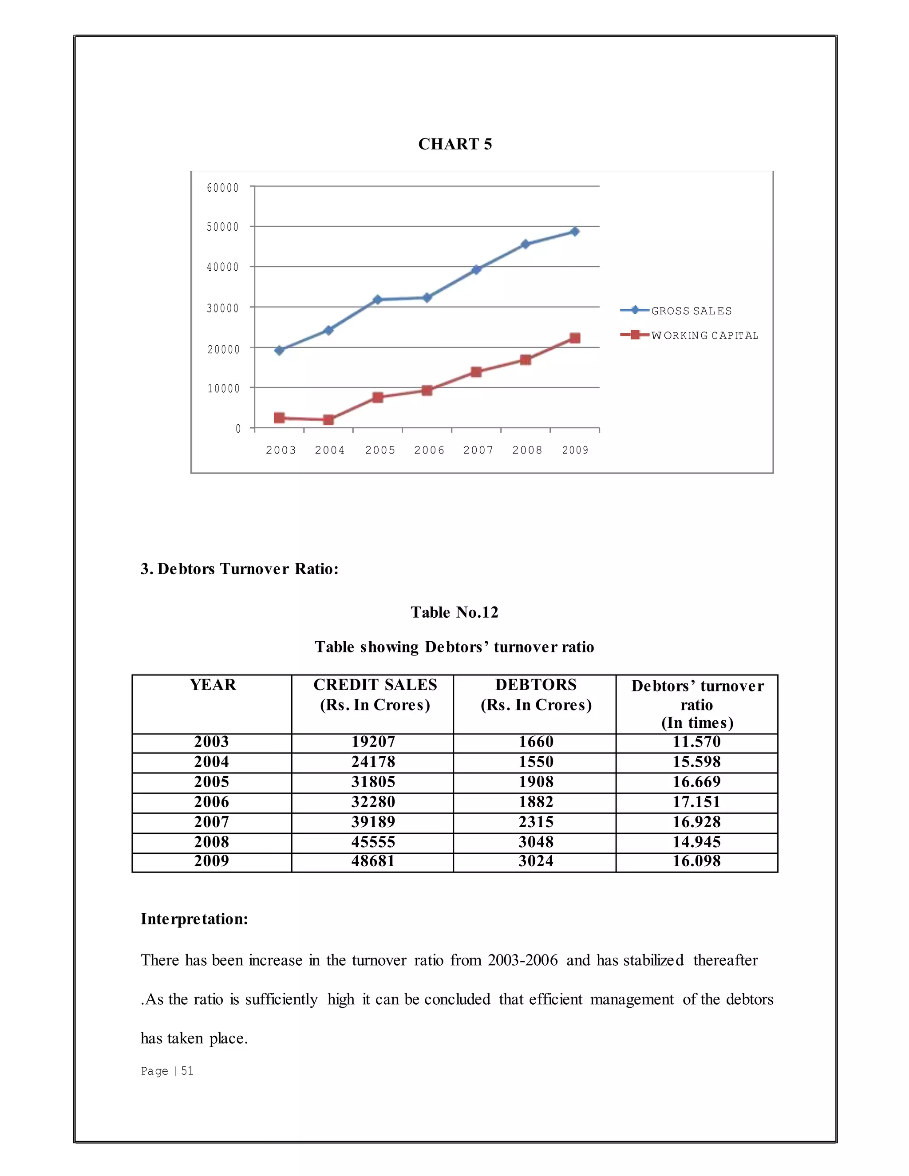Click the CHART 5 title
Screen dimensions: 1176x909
[454, 144]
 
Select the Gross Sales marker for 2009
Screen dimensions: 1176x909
[575, 232]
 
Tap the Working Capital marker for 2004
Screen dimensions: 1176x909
[328, 419]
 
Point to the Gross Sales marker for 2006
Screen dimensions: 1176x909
[427, 297]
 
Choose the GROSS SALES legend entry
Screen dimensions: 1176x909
[691, 311]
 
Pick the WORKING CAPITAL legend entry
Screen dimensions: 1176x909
[704, 335]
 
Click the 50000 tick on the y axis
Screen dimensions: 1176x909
[222, 227]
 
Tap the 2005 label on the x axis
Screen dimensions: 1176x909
[379, 450]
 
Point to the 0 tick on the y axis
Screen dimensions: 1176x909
[238, 429]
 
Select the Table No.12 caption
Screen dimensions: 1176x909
[454, 612]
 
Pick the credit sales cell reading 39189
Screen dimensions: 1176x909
[373, 822]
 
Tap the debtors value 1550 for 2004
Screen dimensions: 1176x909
[536, 762]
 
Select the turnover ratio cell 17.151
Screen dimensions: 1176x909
[696, 802]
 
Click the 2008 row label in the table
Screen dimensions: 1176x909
[212, 841]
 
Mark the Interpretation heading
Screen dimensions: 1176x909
[194, 919]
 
